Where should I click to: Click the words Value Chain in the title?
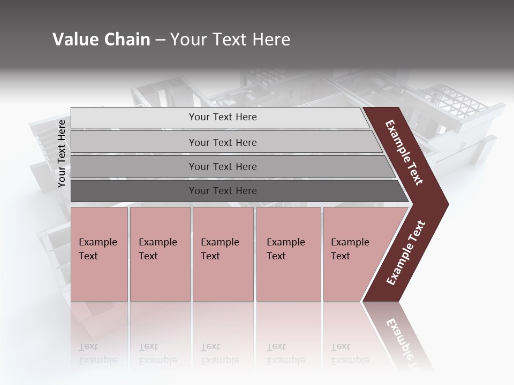pyautogui.click(x=101, y=40)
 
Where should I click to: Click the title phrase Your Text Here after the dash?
pyautogui.click(x=230, y=40)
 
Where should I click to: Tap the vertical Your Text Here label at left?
pyautogui.click(x=62, y=153)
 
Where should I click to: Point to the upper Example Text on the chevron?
pyautogui.click(x=404, y=152)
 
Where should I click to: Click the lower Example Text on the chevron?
pyautogui.click(x=406, y=253)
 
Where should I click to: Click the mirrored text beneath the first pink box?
pyautogui.click(x=98, y=353)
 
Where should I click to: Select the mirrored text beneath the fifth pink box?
pyautogui.click(x=350, y=353)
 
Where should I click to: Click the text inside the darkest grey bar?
pyautogui.click(x=223, y=191)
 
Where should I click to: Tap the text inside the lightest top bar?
pyautogui.click(x=223, y=117)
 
